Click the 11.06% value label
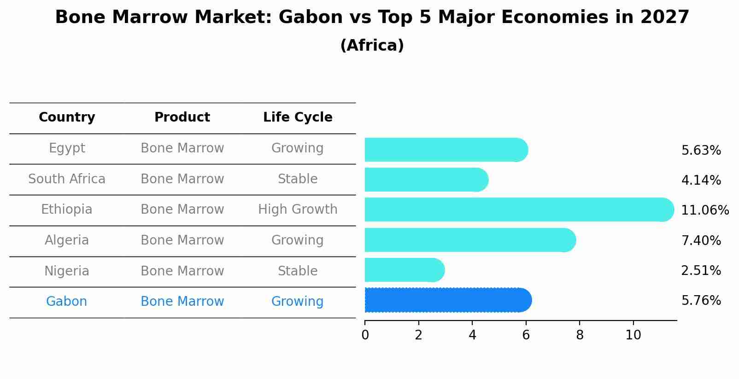704,210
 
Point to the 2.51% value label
700,271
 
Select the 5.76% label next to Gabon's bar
700,301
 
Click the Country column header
67,117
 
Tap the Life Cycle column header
298,117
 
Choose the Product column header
182,117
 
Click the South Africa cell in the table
67,179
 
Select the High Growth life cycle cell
298,210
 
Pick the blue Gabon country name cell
66,302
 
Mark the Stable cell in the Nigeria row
298,271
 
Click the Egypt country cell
67,148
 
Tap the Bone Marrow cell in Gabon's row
182,302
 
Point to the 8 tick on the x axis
580,335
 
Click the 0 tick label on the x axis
365,335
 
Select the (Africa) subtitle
372,46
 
